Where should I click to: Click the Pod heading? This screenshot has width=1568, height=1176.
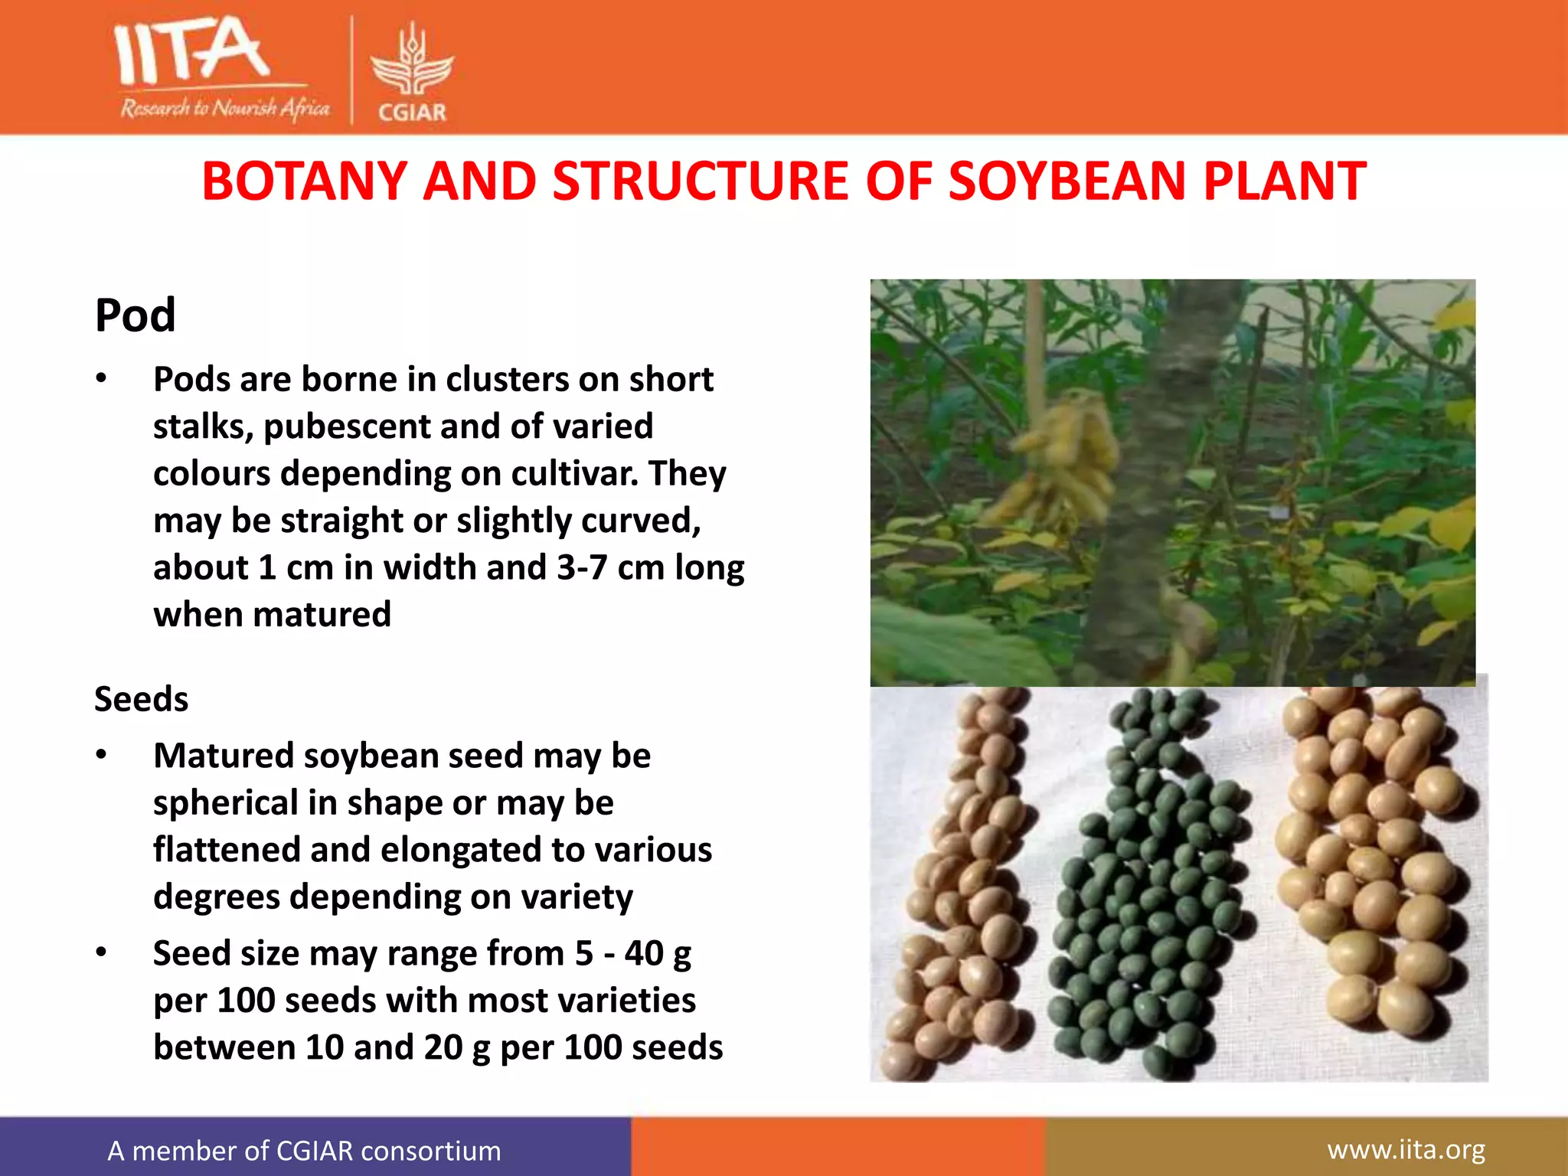136,315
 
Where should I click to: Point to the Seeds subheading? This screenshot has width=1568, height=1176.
142,699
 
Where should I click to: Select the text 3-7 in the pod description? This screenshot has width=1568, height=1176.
582,568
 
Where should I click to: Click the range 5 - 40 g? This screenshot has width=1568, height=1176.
633,954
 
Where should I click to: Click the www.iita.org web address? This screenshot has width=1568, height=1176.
1406,1150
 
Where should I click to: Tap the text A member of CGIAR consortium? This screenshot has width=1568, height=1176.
304,1151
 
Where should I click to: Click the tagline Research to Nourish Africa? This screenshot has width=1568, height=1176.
224,109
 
